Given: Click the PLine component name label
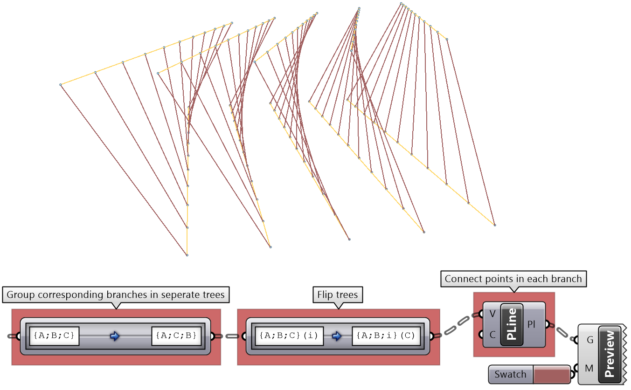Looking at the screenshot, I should [x=512, y=325].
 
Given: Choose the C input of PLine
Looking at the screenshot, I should [x=492, y=335].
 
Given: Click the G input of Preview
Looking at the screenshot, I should [x=590, y=340].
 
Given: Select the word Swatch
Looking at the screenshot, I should [x=510, y=374].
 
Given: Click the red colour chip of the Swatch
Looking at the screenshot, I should [x=551, y=374].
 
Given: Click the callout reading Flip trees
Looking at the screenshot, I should [x=338, y=295].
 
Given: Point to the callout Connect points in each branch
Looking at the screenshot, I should [x=513, y=279].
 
